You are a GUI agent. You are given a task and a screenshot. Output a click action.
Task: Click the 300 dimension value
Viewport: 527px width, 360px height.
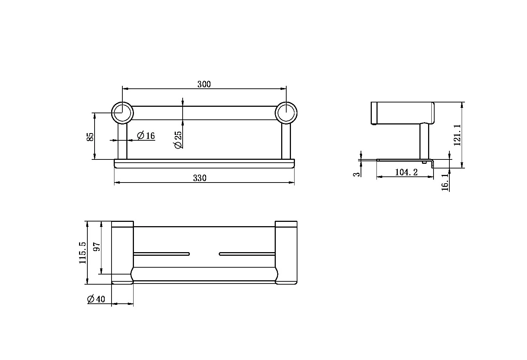(204, 84)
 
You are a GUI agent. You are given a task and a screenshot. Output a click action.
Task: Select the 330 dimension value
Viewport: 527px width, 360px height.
(200, 178)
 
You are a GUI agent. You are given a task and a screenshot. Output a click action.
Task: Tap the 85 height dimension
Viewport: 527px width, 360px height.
(90, 136)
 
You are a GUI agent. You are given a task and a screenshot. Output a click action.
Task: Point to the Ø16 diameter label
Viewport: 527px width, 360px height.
(146, 136)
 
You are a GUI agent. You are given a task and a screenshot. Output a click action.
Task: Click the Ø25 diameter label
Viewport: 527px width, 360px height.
(178, 140)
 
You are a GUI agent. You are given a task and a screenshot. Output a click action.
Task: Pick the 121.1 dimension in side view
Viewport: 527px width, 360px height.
(457, 135)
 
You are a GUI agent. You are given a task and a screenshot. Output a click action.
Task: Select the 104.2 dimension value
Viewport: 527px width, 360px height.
(406, 172)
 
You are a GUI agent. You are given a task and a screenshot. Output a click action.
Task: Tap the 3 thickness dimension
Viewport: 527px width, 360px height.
(357, 174)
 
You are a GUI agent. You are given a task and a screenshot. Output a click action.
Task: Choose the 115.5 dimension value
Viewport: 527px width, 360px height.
(83, 253)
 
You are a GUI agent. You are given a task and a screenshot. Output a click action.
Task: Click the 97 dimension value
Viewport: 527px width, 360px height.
(96, 247)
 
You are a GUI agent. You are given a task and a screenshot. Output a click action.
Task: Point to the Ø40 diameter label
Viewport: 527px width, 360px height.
(96, 299)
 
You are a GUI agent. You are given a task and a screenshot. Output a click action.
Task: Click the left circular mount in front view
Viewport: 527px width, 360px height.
(122, 113)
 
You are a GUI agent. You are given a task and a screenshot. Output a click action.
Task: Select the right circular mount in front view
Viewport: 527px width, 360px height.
(286, 113)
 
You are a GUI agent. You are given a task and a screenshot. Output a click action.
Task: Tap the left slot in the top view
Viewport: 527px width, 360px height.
(161, 254)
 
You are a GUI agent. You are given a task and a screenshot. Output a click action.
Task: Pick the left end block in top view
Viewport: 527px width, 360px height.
(122, 253)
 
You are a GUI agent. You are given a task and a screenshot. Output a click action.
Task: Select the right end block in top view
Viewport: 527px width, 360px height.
(286, 253)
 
